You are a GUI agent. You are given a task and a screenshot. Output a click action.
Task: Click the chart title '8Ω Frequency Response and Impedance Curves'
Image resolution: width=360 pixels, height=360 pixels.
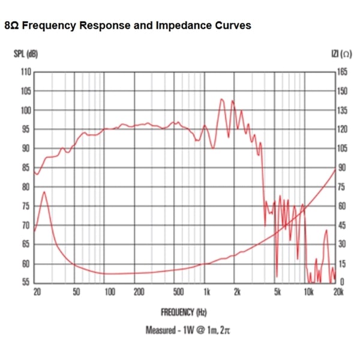127,26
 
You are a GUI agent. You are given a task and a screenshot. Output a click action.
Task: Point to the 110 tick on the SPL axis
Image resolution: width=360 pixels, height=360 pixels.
25,72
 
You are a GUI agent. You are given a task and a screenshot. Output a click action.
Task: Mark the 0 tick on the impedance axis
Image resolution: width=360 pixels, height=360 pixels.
342,283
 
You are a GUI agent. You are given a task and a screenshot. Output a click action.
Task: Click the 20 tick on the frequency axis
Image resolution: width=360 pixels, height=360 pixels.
37,292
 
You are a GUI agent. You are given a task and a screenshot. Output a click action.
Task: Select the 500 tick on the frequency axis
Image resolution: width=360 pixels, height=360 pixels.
178,292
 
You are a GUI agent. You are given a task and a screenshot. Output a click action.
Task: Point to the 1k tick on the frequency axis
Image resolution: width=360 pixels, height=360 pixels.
206,292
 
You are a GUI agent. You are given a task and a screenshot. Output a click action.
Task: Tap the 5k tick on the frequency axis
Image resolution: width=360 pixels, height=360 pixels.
277,292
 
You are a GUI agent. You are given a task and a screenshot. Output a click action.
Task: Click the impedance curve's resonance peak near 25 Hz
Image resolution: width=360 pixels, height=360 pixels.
44,192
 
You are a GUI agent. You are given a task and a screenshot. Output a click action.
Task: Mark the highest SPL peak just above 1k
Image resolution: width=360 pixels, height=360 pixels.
222,99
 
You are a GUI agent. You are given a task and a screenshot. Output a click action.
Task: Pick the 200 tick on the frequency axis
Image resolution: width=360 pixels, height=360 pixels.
139,292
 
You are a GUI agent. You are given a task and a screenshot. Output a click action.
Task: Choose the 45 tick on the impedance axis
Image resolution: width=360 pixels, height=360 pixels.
343,225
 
